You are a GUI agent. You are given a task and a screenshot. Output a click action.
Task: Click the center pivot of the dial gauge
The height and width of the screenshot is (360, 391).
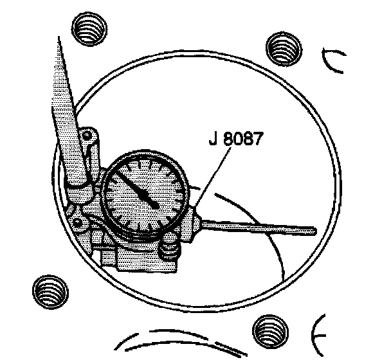[155, 204]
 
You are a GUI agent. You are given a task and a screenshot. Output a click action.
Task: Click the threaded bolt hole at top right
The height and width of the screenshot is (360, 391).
[284, 49]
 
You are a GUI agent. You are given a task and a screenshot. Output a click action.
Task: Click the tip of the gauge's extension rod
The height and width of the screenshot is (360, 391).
[313, 229]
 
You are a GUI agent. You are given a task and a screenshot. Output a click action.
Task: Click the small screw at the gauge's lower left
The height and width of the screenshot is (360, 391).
[78, 223]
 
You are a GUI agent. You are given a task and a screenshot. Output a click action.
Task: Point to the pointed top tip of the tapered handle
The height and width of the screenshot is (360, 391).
[59, 40]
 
